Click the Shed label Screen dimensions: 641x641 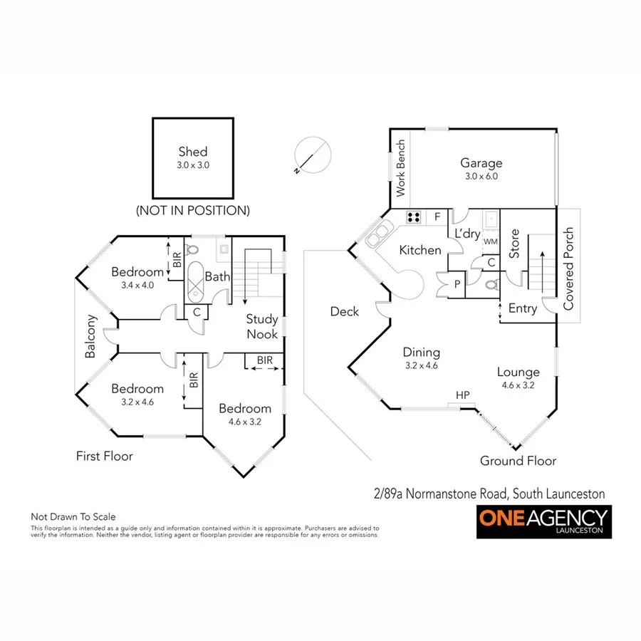[x=193, y=151]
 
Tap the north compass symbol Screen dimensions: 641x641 [x=313, y=155]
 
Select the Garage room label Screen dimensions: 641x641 [x=481, y=163]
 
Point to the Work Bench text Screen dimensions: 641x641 [x=400, y=169]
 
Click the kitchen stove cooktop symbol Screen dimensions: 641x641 [x=414, y=217]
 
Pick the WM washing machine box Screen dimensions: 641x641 [x=491, y=242]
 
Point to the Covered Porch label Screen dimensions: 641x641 [x=568, y=269]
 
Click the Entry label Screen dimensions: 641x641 [x=523, y=308]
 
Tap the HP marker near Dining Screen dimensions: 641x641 [x=463, y=394]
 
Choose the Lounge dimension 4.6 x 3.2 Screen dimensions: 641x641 [x=518, y=385]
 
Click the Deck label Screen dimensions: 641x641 [x=345, y=311]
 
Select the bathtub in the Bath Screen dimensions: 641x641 [x=194, y=280]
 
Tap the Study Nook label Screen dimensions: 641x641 [x=262, y=326]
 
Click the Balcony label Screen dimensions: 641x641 [x=90, y=337]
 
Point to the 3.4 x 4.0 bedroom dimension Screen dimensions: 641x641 [x=137, y=284]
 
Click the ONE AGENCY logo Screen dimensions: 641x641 [x=544, y=522]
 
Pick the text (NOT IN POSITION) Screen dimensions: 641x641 [x=193, y=210]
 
